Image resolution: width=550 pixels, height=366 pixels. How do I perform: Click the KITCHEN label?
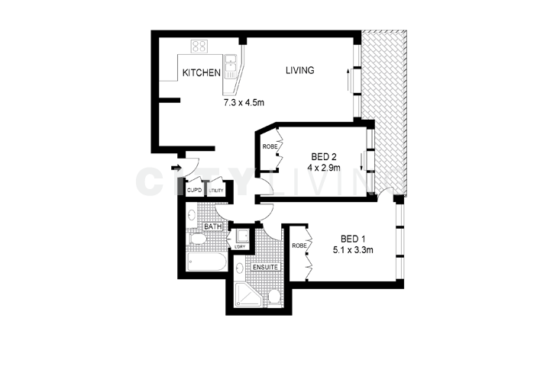[201, 73]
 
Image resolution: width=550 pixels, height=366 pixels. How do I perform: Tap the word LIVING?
[300, 71]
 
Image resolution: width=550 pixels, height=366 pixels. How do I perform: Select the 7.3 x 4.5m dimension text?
[244, 101]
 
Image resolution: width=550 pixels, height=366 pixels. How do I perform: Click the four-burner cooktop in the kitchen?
[199, 46]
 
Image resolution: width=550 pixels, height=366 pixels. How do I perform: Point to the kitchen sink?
[231, 64]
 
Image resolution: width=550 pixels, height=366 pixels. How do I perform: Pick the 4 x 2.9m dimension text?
[325, 167]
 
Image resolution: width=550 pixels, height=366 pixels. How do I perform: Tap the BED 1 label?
[354, 236]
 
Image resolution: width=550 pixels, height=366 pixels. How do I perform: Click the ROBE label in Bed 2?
[270, 146]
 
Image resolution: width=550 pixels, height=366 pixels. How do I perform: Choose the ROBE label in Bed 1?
[299, 246]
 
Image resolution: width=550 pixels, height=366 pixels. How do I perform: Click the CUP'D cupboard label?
[194, 191]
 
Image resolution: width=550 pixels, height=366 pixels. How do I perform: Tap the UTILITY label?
[216, 191]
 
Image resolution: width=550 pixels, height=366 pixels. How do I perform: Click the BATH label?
[212, 226]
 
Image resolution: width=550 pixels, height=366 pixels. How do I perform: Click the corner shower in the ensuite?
[246, 293]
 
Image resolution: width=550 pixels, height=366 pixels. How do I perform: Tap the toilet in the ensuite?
[273, 295]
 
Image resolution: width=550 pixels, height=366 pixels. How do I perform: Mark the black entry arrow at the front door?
[176, 169]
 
